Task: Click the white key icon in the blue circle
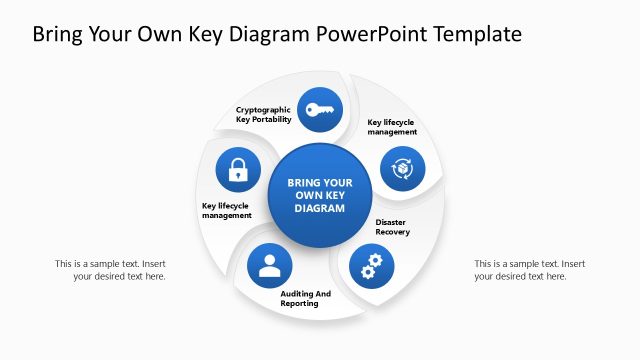(321, 110)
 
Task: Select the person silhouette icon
(269, 265)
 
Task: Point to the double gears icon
(371, 265)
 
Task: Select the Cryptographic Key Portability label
(264, 114)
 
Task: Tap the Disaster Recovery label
(393, 227)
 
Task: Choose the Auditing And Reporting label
(300, 298)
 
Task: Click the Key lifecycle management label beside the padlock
(227, 211)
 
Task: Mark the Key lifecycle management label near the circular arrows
(391, 127)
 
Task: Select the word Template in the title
(475, 35)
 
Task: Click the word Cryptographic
(264, 109)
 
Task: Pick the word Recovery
(393, 232)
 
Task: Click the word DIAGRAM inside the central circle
(320, 209)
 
